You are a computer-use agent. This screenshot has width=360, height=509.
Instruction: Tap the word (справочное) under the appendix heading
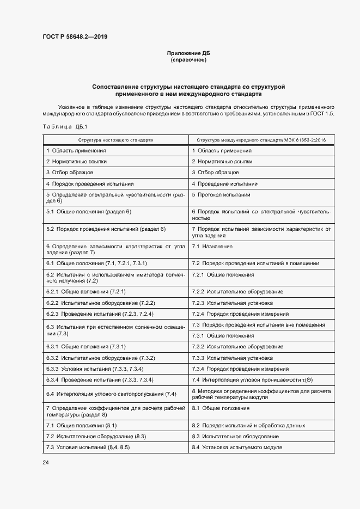188,60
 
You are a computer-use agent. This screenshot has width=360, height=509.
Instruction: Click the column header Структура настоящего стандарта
115,140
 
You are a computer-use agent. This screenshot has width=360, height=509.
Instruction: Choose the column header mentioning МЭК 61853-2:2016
261,140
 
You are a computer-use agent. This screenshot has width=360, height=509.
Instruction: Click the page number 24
46,462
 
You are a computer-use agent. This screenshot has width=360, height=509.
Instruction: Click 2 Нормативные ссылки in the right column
222,162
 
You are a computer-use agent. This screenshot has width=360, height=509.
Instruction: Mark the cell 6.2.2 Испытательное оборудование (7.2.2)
101,303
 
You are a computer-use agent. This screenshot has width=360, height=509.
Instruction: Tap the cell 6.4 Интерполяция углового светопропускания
111,394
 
